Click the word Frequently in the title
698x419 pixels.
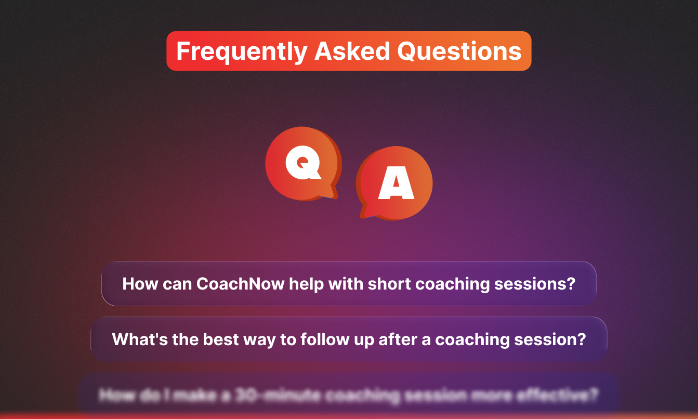coord(242,51)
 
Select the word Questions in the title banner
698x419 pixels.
coord(459,51)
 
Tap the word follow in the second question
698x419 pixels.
coord(318,339)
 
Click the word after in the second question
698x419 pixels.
coord(400,339)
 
